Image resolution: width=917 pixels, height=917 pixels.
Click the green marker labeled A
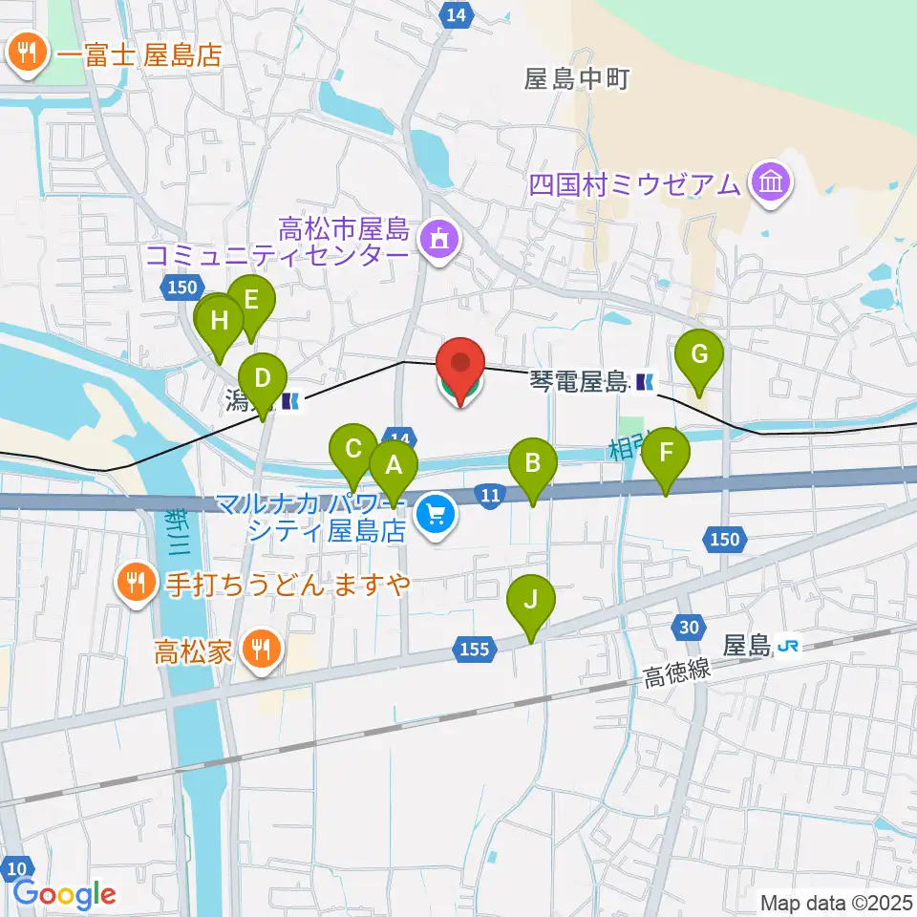coord(394,466)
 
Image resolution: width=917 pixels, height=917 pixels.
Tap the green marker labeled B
coord(533,464)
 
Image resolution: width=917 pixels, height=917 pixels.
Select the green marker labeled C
coord(352,448)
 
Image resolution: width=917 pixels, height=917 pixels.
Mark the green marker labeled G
coord(699,354)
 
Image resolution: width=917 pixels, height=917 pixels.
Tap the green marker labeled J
coord(532,600)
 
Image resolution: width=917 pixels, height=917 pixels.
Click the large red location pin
coord(460,365)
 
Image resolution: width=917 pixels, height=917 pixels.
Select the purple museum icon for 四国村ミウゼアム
coord(770,181)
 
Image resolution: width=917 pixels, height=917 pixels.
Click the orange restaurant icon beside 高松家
coord(259,650)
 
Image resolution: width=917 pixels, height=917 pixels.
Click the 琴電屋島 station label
coord(579,382)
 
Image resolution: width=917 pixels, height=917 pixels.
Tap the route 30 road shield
coord(688,626)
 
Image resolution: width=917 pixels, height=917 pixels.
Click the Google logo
coord(65,894)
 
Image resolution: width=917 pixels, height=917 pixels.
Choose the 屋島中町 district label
coord(576,79)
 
